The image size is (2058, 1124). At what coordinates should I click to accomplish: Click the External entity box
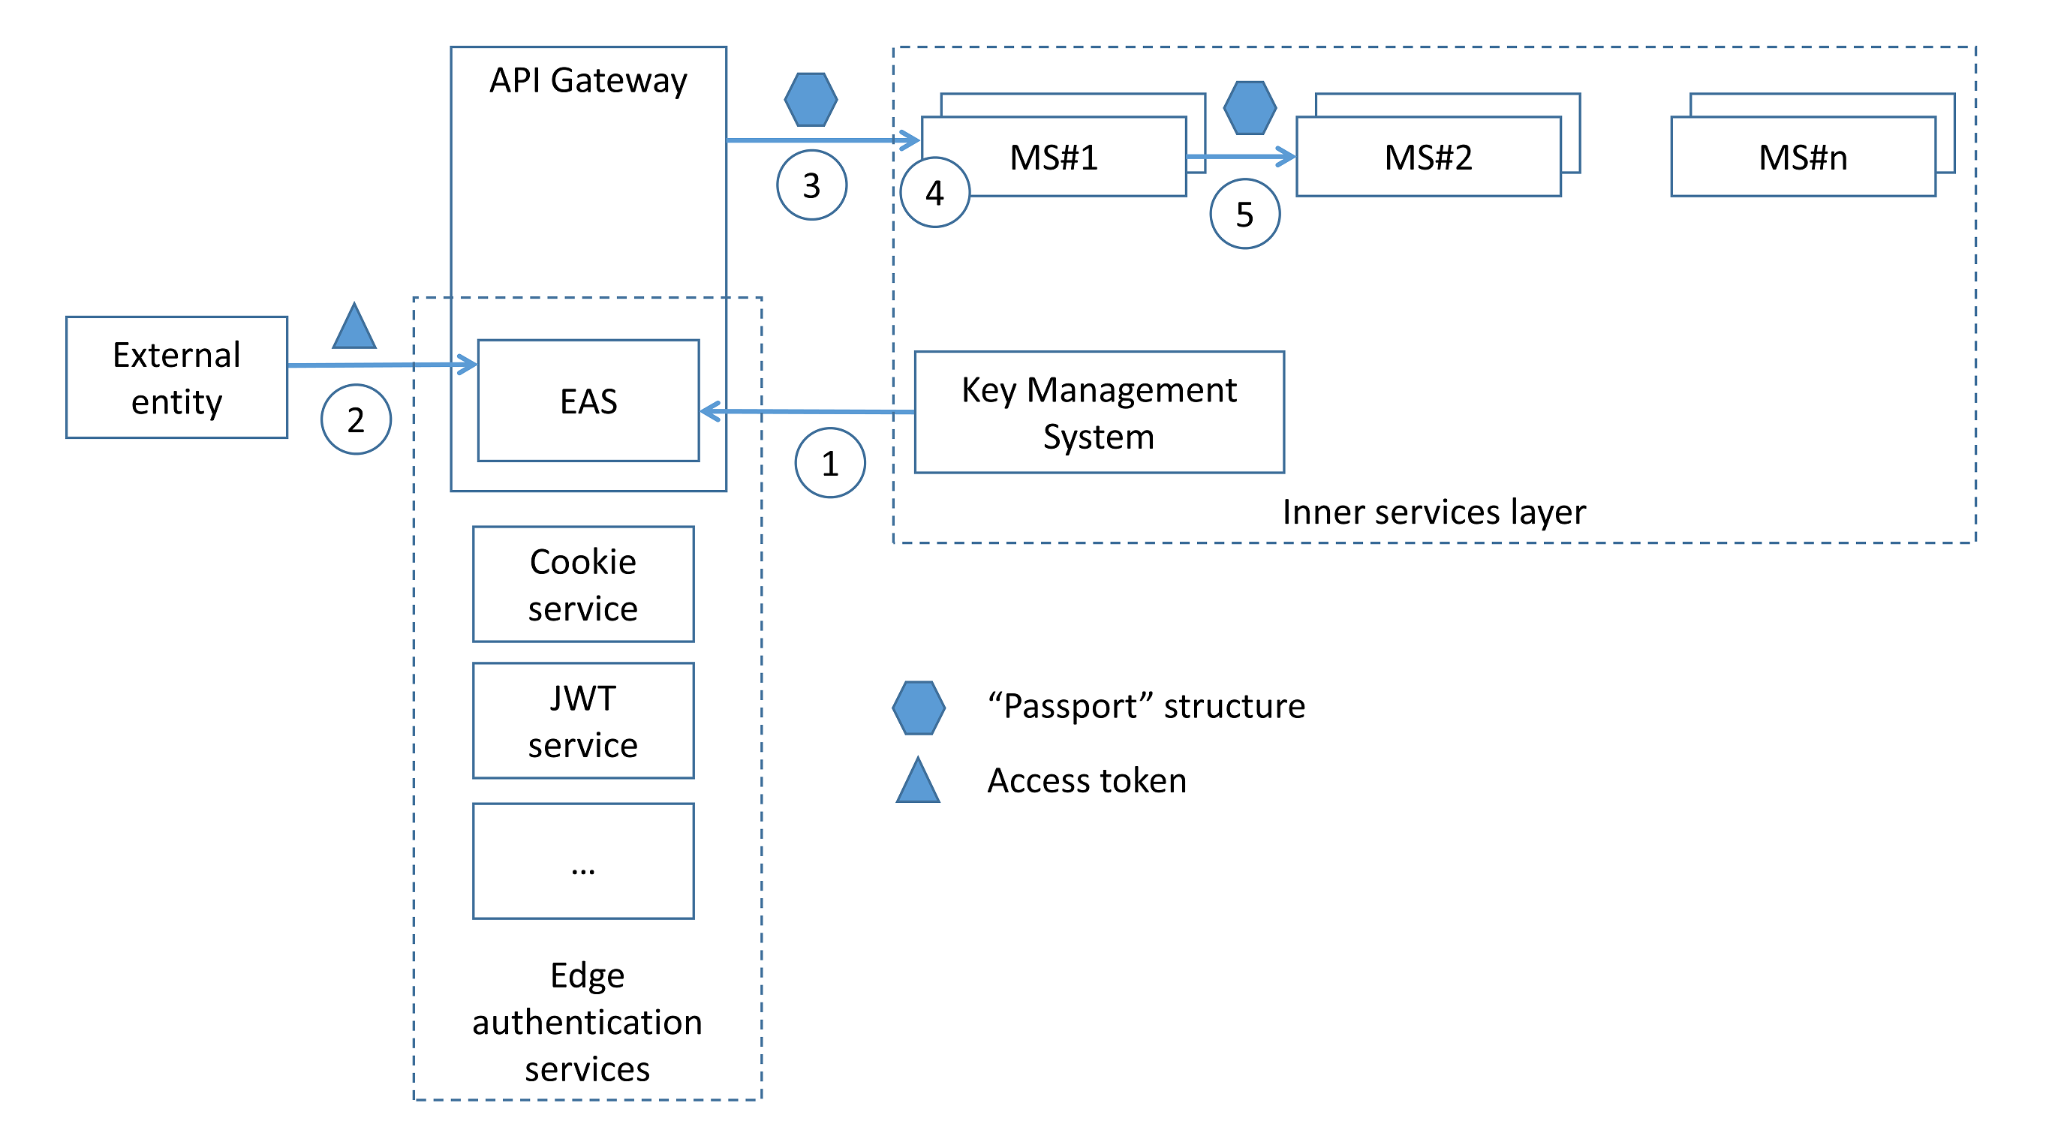pyautogui.click(x=176, y=377)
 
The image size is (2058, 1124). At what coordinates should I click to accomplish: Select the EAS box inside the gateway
pyautogui.click(x=588, y=400)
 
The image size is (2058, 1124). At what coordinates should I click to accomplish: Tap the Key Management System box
pyautogui.click(x=1099, y=412)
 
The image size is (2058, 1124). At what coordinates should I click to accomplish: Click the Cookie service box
pyautogui.click(x=583, y=584)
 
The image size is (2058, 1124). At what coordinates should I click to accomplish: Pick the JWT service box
pyautogui.click(x=583, y=720)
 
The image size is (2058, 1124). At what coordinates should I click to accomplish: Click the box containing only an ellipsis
pyautogui.click(x=583, y=861)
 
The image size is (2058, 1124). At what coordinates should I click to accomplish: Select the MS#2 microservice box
pyautogui.click(x=1428, y=157)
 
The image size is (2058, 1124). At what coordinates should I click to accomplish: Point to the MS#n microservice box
pyautogui.click(x=1802, y=157)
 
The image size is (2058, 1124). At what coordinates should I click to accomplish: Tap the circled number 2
pyautogui.click(x=356, y=419)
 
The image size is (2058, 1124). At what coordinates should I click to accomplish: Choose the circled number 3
pyautogui.click(x=811, y=185)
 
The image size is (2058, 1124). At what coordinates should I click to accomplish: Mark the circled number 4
pyautogui.click(x=934, y=193)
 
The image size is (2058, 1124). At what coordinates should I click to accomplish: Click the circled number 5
pyautogui.click(x=1244, y=213)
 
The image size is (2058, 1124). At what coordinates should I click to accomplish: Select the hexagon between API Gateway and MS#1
pyautogui.click(x=811, y=100)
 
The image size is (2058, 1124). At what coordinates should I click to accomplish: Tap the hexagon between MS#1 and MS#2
pyautogui.click(x=1250, y=108)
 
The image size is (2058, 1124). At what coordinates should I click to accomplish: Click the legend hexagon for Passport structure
pyautogui.click(x=919, y=708)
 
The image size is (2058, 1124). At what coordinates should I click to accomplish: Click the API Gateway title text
pyautogui.click(x=588, y=81)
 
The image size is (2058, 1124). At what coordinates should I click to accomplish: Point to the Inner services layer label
pyautogui.click(x=1434, y=512)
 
